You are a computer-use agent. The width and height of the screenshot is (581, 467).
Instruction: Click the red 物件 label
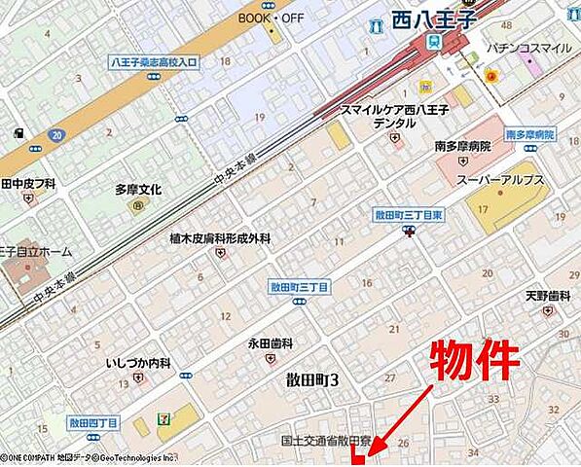[x=475, y=361]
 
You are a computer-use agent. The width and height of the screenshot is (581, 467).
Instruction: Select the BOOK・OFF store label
[x=272, y=18]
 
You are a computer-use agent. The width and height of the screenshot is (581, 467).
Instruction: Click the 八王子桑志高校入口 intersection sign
[x=153, y=62]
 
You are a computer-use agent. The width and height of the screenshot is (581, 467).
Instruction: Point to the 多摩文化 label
[x=138, y=190]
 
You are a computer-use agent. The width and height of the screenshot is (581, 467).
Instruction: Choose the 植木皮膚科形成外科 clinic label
[x=220, y=238]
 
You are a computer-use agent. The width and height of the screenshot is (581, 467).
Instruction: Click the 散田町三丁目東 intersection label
[x=409, y=214]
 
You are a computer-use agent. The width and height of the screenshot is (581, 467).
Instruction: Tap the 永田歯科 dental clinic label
[x=271, y=342]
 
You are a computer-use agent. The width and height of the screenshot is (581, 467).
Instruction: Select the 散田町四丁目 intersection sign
[x=93, y=423]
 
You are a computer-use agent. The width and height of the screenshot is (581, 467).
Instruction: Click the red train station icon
[x=428, y=43]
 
